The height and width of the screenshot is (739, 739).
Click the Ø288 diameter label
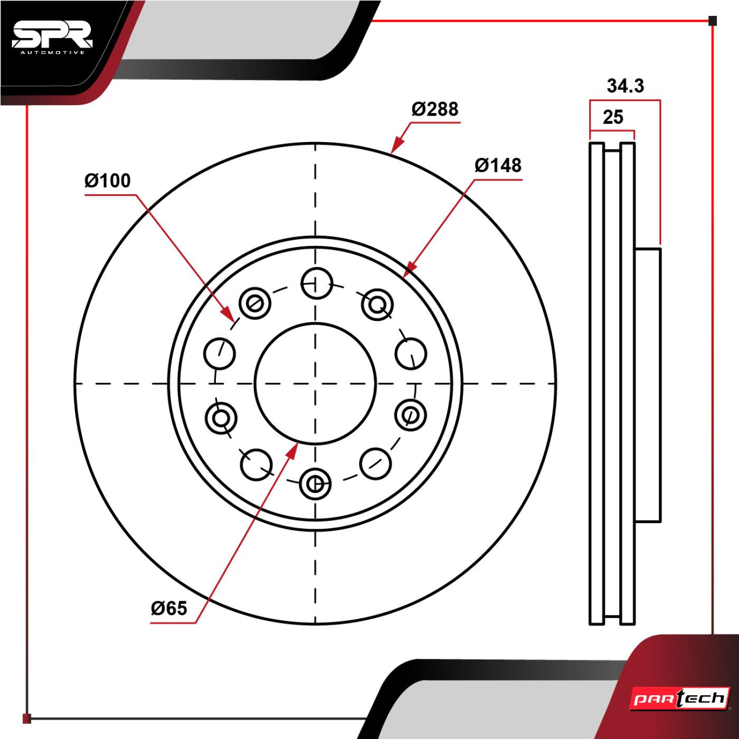pos(435,109)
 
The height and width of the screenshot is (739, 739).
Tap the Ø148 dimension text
pos(498,165)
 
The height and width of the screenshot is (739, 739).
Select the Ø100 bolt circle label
pos(108,181)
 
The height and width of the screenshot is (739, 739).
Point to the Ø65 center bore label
pos(169,608)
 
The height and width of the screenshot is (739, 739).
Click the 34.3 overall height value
pos(626,86)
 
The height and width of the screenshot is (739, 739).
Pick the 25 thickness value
pos(613,117)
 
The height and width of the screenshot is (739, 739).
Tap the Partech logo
pos(679,698)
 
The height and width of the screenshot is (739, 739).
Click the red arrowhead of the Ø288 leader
pos(398,145)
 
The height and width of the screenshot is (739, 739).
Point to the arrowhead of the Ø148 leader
pos(411,267)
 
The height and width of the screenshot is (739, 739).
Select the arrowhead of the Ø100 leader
pos(228,314)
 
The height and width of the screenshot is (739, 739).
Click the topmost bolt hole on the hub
pos(316,283)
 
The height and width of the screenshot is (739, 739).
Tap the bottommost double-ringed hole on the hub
pos(315,484)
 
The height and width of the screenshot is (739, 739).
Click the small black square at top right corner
pos(713,21)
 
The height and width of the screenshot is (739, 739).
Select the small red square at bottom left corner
pos(26,718)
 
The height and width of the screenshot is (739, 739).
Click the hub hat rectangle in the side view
pos(648,385)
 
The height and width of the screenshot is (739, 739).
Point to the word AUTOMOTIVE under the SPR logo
pos(53,53)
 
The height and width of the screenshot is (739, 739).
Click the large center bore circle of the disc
pos(315,383)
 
